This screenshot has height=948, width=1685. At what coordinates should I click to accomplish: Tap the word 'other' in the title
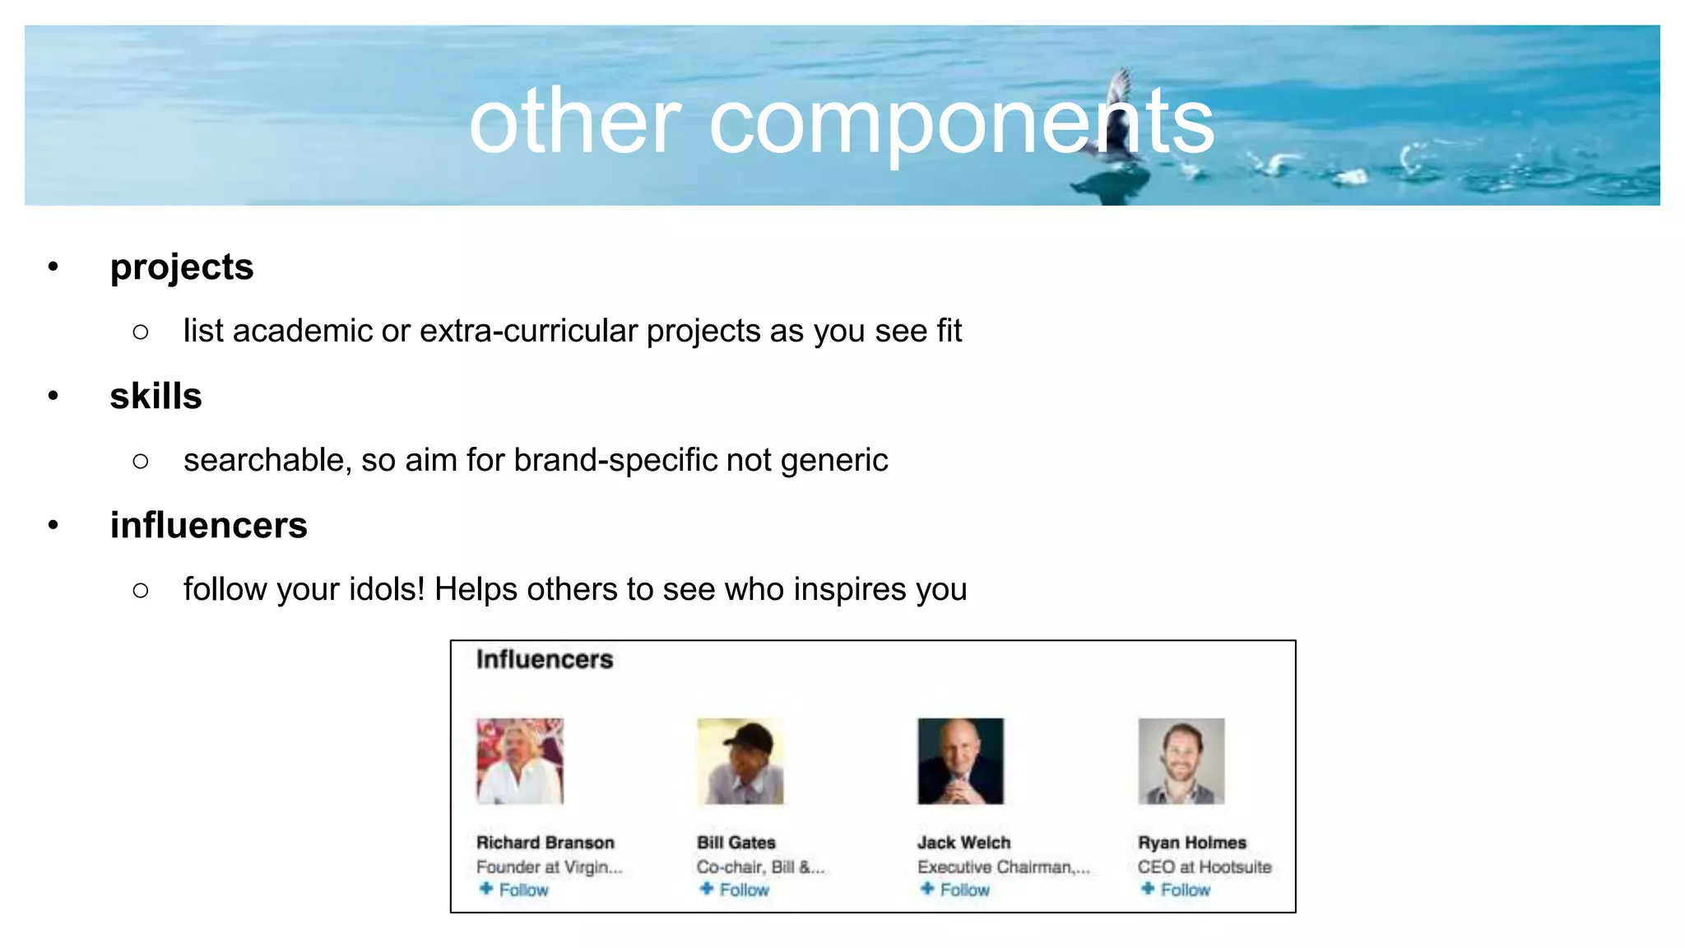pyautogui.click(x=575, y=122)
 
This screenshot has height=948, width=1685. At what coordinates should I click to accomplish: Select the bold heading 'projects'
pyautogui.click(x=182, y=267)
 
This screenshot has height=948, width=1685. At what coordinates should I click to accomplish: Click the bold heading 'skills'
pyautogui.click(x=156, y=396)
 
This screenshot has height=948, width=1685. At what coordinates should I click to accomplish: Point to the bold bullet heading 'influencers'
pyautogui.click(x=209, y=525)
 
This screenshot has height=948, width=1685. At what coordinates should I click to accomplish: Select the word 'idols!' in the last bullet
pyautogui.click(x=387, y=589)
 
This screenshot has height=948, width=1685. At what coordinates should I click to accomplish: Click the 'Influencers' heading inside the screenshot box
pyautogui.click(x=545, y=659)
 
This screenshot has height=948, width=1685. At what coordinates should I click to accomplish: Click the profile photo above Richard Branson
pyautogui.click(x=520, y=761)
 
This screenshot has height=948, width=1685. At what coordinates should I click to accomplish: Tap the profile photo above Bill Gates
pyautogui.click(x=740, y=761)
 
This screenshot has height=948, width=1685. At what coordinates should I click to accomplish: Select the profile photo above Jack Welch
pyautogui.click(x=960, y=761)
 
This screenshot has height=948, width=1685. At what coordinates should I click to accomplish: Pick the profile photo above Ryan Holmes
pyautogui.click(x=1181, y=761)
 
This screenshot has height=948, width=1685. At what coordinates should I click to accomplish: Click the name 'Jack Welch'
pyautogui.click(x=963, y=843)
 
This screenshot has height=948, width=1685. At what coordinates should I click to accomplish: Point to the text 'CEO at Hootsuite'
pyautogui.click(x=1205, y=867)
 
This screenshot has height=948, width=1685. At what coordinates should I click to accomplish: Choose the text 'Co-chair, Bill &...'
pyautogui.click(x=760, y=867)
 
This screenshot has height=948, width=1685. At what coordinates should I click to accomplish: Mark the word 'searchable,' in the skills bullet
pyautogui.click(x=267, y=460)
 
